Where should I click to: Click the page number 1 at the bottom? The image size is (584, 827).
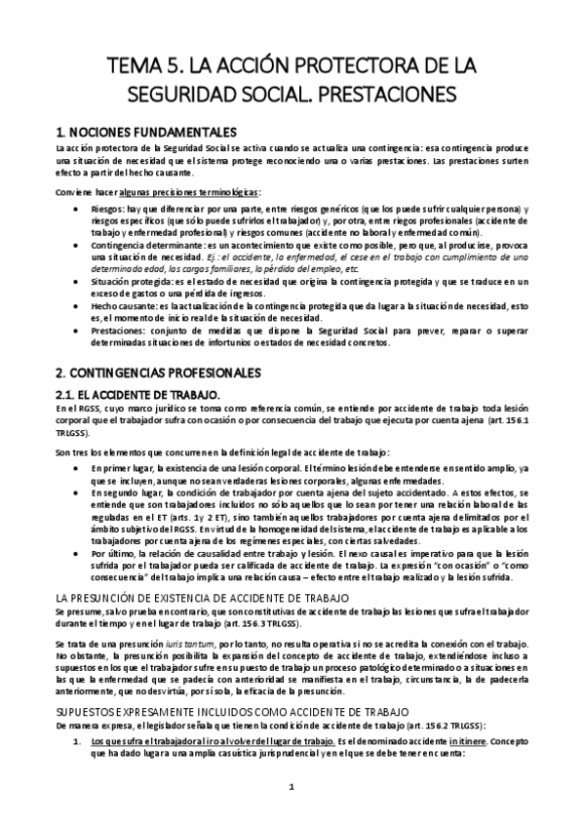tap(291, 787)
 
